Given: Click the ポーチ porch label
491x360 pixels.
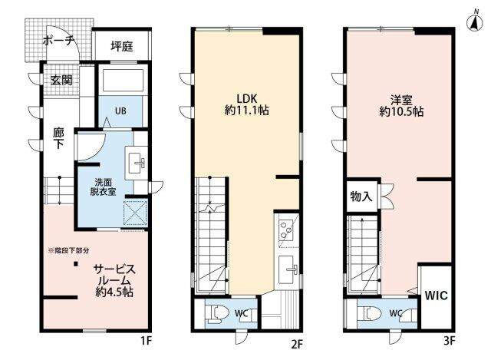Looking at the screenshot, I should [x=58, y=41].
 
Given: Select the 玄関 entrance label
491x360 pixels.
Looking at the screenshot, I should [x=62, y=79].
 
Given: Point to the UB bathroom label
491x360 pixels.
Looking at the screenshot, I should [x=121, y=111].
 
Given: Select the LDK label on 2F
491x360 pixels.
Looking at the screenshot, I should [x=245, y=99].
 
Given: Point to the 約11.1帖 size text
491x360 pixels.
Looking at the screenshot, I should [x=246, y=112].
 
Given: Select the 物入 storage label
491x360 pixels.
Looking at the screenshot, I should [x=361, y=197].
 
